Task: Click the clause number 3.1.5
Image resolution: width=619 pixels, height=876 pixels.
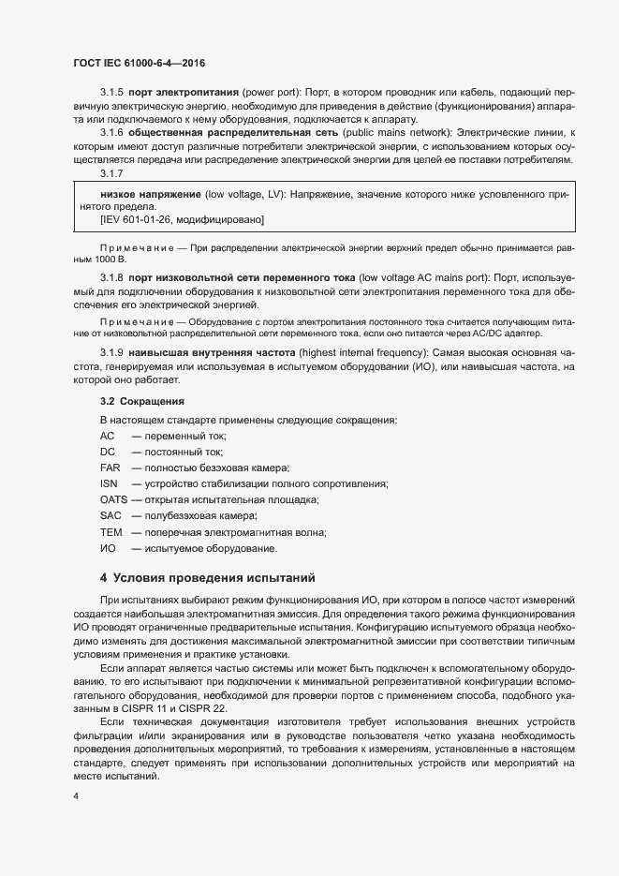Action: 111,95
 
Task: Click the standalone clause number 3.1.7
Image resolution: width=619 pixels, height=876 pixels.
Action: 111,174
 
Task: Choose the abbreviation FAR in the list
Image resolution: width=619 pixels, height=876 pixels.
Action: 110,467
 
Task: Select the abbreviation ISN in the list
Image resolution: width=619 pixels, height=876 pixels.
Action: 109,483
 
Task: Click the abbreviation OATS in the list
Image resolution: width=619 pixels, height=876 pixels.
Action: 113,499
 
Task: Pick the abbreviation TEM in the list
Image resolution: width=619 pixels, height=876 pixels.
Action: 111,532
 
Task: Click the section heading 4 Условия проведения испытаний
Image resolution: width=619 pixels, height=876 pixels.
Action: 207,577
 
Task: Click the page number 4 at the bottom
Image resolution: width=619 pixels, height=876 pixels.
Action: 76,796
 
